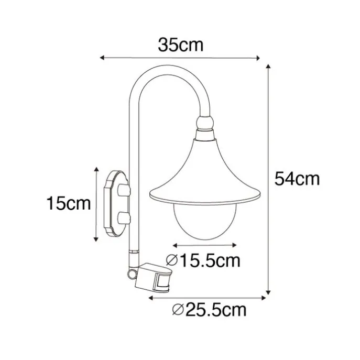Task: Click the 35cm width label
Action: (x=181, y=45)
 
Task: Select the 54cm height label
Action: (x=297, y=179)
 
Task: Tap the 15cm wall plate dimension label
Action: (x=69, y=203)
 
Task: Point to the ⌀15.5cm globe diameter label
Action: (x=203, y=260)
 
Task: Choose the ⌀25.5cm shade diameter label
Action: (x=209, y=310)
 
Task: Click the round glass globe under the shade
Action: (x=205, y=221)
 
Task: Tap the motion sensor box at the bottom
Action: (x=153, y=278)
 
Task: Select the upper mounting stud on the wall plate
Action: (x=124, y=190)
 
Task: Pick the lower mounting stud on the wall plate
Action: (x=124, y=218)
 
